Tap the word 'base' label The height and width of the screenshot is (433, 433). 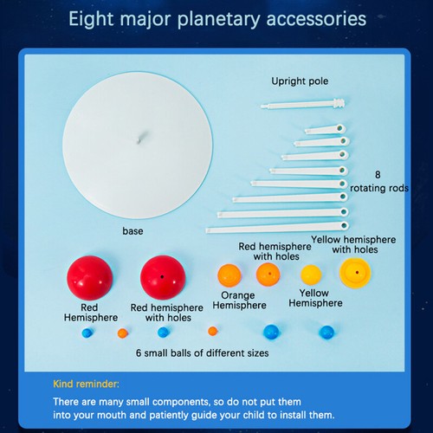point(132,231)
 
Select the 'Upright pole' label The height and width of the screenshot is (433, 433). point(301,81)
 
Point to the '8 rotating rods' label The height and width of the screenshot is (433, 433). point(378,179)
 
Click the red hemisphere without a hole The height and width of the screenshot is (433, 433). point(90,277)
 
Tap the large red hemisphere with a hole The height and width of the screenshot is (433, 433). point(163,277)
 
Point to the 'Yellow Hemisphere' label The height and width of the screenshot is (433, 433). point(315,298)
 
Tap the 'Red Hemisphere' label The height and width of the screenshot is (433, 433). point(91,312)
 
